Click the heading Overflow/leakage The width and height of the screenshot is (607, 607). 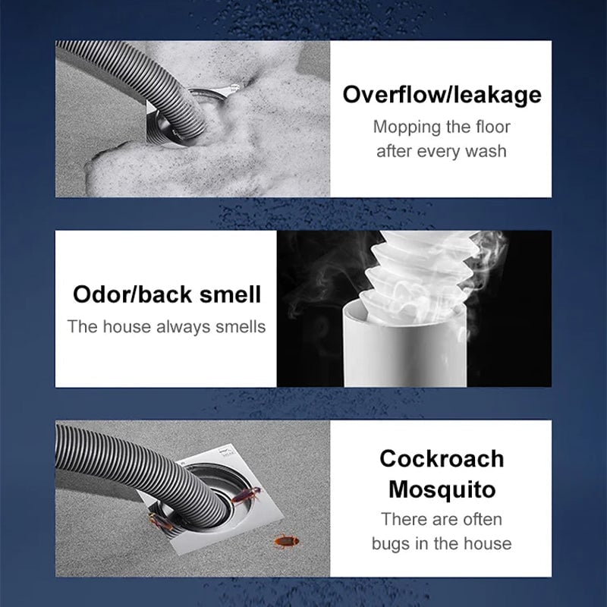click(x=442, y=95)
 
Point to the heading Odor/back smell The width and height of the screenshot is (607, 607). click(x=166, y=294)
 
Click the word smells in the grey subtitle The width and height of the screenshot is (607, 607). click(x=239, y=327)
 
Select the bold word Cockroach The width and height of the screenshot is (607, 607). click(x=441, y=458)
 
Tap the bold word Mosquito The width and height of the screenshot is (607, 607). click(x=441, y=489)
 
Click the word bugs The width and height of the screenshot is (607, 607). click(x=392, y=543)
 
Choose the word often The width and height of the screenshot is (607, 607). click(x=478, y=520)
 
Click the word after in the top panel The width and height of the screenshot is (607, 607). click(x=395, y=150)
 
